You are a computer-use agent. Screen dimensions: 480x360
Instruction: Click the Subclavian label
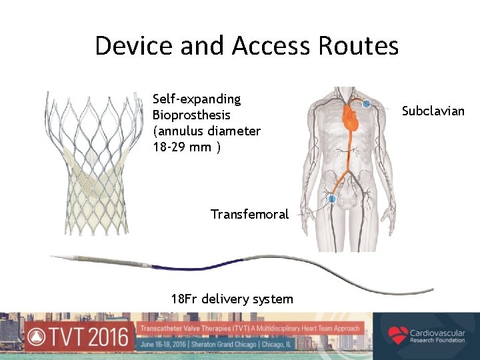[x=433, y=111]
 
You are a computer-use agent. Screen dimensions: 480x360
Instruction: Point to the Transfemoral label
[x=249, y=214]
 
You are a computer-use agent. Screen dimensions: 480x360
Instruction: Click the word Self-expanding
[x=197, y=99]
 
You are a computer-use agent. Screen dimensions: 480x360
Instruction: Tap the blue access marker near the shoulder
[x=366, y=103]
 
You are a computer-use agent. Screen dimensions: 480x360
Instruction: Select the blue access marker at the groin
[x=331, y=199]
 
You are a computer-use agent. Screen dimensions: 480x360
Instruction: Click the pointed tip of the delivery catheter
[x=55, y=256]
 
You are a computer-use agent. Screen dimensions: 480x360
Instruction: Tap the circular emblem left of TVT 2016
[x=37, y=337]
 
